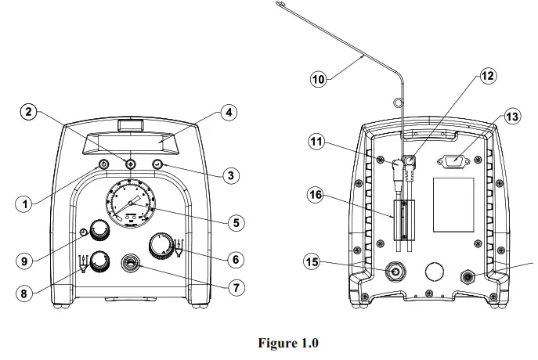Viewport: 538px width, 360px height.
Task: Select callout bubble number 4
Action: pyautogui.click(x=228, y=113)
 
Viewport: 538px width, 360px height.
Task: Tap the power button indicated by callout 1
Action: pyautogui.click(x=103, y=164)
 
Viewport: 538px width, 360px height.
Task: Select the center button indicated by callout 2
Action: pyautogui.click(x=130, y=164)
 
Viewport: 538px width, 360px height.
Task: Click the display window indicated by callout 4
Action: pyautogui.click(x=130, y=143)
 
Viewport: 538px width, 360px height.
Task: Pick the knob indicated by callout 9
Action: pyautogui.click(x=99, y=230)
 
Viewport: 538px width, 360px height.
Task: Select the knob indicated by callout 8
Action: pyautogui.click(x=100, y=262)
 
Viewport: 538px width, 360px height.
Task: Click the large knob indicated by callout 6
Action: pyautogui.click(x=162, y=245)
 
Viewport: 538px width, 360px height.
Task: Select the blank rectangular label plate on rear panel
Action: pyautogui.click(x=453, y=205)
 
